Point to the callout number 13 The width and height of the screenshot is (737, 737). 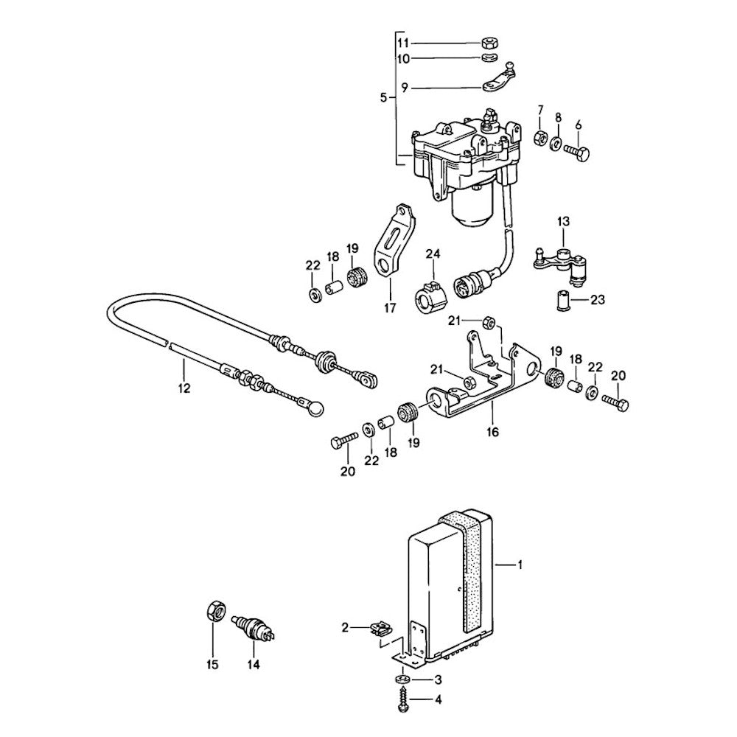pos(563,220)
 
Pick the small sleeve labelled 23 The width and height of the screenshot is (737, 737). pos(563,301)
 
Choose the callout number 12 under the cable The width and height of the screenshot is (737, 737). pos(184,388)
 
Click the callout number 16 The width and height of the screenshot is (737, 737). pos(492,432)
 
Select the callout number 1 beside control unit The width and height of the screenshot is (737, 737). pos(520,565)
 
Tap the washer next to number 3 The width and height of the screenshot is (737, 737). pos(402,678)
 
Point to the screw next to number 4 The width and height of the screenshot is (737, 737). pos(403,698)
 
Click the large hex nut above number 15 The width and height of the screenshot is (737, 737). pos(214,612)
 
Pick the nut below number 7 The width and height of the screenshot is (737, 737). pos(539,136)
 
